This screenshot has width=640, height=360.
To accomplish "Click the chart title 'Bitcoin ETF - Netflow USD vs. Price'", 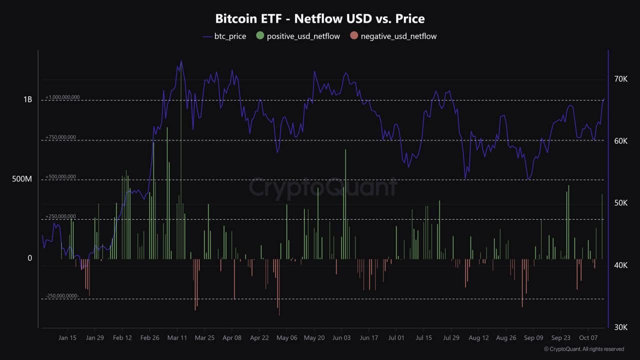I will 320,19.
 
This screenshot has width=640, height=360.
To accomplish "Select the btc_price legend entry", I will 224,36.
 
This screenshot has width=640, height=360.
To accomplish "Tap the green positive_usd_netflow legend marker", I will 260,36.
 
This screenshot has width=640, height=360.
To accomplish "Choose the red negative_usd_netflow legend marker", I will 354,36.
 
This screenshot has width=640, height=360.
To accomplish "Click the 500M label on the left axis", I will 22,179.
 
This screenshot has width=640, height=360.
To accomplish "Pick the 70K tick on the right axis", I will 620,79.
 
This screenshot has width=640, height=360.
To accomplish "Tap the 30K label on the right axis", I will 620,327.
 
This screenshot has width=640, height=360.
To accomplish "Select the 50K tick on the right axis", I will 620,203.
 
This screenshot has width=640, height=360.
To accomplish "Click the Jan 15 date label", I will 67,338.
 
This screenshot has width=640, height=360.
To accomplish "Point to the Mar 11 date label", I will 177,338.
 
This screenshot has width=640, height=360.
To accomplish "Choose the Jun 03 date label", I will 341,338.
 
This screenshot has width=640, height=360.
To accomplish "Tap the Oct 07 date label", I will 588,338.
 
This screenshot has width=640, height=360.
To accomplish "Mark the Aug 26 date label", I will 506,338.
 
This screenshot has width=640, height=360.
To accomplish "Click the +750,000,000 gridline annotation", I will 60,137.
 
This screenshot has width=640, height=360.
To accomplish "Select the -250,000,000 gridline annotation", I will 62,296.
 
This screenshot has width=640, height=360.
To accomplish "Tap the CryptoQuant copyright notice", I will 583,349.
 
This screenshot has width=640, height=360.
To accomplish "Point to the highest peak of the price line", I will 181,61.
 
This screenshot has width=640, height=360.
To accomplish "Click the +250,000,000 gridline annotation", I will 60,216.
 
